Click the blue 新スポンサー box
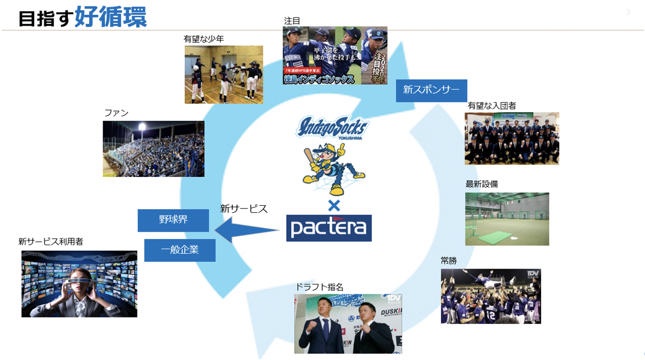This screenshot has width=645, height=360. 431,90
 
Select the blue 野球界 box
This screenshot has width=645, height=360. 173,220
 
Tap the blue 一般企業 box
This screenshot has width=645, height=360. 180,250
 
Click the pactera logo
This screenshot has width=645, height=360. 329,228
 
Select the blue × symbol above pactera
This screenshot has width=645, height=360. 334,206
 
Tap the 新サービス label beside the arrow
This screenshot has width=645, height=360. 244,209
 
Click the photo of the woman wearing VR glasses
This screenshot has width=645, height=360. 79,284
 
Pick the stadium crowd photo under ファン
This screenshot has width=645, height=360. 154,149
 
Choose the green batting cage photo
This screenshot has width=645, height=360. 507,219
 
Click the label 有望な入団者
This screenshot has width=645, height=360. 492,106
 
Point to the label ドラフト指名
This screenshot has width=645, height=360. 319,287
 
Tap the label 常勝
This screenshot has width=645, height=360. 449,261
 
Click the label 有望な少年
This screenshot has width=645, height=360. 204,39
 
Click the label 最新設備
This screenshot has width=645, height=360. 482,184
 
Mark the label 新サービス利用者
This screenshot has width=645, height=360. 51,242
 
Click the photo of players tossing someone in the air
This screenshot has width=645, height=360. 491,296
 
